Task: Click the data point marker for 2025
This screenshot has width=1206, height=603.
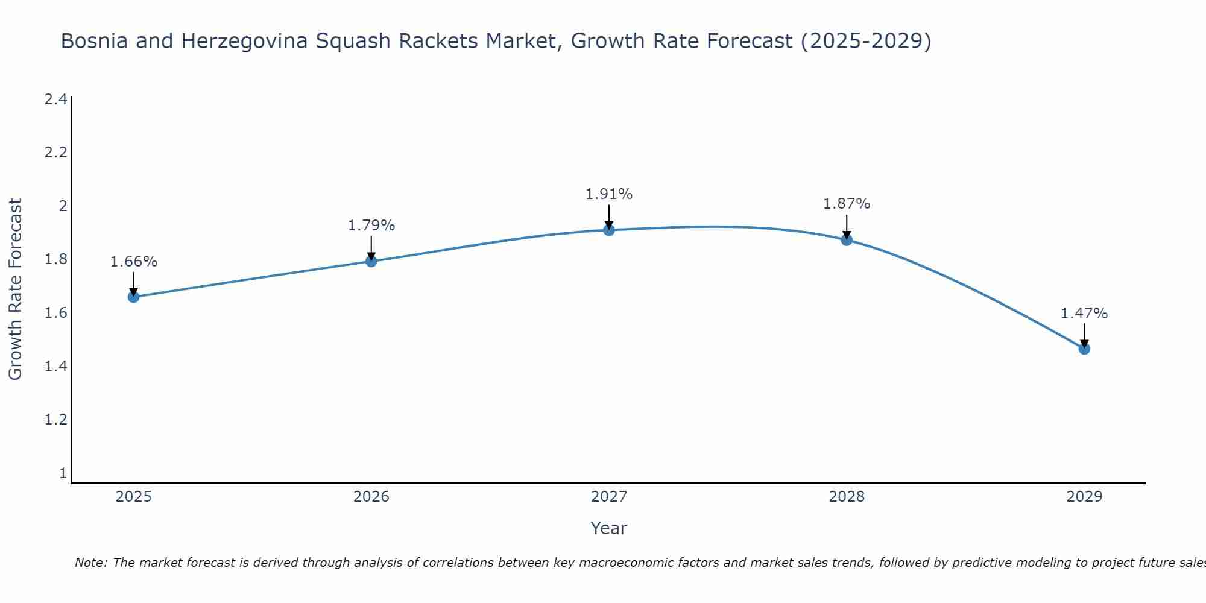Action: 134,297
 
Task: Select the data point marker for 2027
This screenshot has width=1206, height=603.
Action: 609,230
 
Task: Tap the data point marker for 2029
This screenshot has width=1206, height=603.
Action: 1084,349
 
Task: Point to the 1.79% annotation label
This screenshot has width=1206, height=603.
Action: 371,226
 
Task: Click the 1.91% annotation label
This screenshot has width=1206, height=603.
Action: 609,194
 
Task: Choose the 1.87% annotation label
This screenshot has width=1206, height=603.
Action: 847,204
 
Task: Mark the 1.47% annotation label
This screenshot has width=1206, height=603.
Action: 1084,314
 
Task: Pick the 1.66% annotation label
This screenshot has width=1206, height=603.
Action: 134,262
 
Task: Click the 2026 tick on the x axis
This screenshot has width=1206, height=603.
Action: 371,497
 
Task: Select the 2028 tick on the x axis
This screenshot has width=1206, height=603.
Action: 847,497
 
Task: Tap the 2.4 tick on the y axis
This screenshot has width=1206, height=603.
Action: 55,99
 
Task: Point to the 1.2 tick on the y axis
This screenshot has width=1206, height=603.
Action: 55,420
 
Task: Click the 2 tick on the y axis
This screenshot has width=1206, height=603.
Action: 62,206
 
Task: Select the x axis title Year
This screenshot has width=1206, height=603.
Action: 609,528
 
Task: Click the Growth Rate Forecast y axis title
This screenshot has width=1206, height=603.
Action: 15,289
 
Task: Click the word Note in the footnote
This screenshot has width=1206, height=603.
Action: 91,563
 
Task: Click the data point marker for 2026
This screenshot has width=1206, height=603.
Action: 371,261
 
